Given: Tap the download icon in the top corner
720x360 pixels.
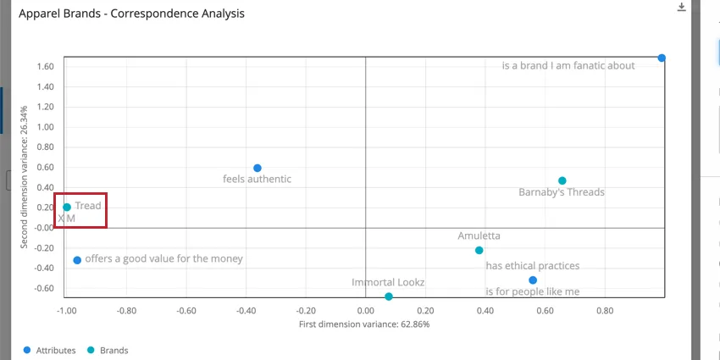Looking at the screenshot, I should [x=682, y=7].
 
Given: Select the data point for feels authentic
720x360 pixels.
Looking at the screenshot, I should [x=258, y=169].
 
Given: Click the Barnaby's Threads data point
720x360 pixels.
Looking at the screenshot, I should [x=562, y=181].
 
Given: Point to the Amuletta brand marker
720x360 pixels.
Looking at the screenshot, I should [x=479, y=251].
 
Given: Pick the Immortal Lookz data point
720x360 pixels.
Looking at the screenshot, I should [x=389, y=296].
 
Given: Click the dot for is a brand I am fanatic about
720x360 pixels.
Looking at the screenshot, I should [x=662, y=58].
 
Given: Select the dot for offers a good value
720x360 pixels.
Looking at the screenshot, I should [x=77, y=260].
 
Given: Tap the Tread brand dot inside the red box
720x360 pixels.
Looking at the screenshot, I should [x=67, y=208].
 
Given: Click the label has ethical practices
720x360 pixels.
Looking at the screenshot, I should [x=532, y=266].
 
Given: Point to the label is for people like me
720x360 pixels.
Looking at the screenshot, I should [x=532, y=291].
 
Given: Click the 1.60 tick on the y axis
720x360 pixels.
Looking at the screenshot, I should [x=47, y=67].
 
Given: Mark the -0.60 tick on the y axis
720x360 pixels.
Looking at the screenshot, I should [x=44, y=288].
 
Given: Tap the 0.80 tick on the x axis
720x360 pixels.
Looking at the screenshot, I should [x=605, y=310].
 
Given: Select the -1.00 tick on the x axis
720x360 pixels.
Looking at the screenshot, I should [x=65, y=310].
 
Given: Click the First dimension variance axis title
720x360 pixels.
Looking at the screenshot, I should [x=364, y=324].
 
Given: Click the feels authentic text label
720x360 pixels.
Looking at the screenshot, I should [x=257, y=179].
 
